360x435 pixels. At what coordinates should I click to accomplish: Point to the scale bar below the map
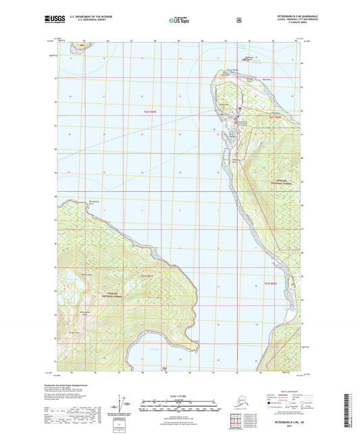click(x=178, y=407)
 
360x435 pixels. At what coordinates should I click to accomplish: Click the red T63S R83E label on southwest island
click(x=147, y=276)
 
